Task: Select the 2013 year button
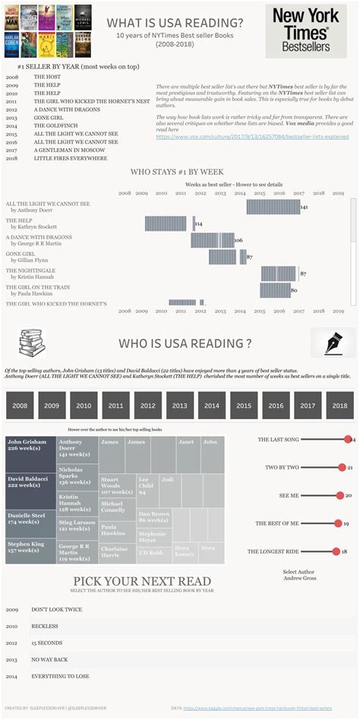click(x=180, y=406)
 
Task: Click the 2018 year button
click(x=339, y=406)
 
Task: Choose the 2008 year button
click(x=20, y=406)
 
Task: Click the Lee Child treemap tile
click(x=147, y=486)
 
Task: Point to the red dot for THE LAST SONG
click(x=349, y=440)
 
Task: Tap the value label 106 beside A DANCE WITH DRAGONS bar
click(x=238, y=241)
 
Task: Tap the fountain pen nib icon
click(x=329, y=343)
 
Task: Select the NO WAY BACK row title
click(x=50, y=659)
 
